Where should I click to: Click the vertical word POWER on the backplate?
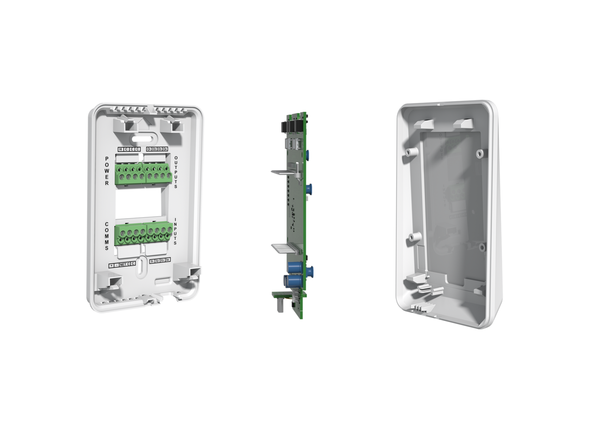(x=107, y=171)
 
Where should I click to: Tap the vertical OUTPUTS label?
(x=176, y=172)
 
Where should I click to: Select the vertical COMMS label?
(x=107, y=236)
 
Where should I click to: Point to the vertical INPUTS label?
(x=175, y=232)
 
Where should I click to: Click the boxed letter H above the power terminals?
(x=121, y=149)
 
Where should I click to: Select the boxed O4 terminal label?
(x=165, y=149)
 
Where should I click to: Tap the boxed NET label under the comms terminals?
(x=123, y=264)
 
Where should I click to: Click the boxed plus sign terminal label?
(x=111, y=266)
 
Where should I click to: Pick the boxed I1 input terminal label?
(x=152, y=261)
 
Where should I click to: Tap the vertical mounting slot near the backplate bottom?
(x=141, y=267)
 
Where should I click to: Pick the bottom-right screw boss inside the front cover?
(x=482, y=247)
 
